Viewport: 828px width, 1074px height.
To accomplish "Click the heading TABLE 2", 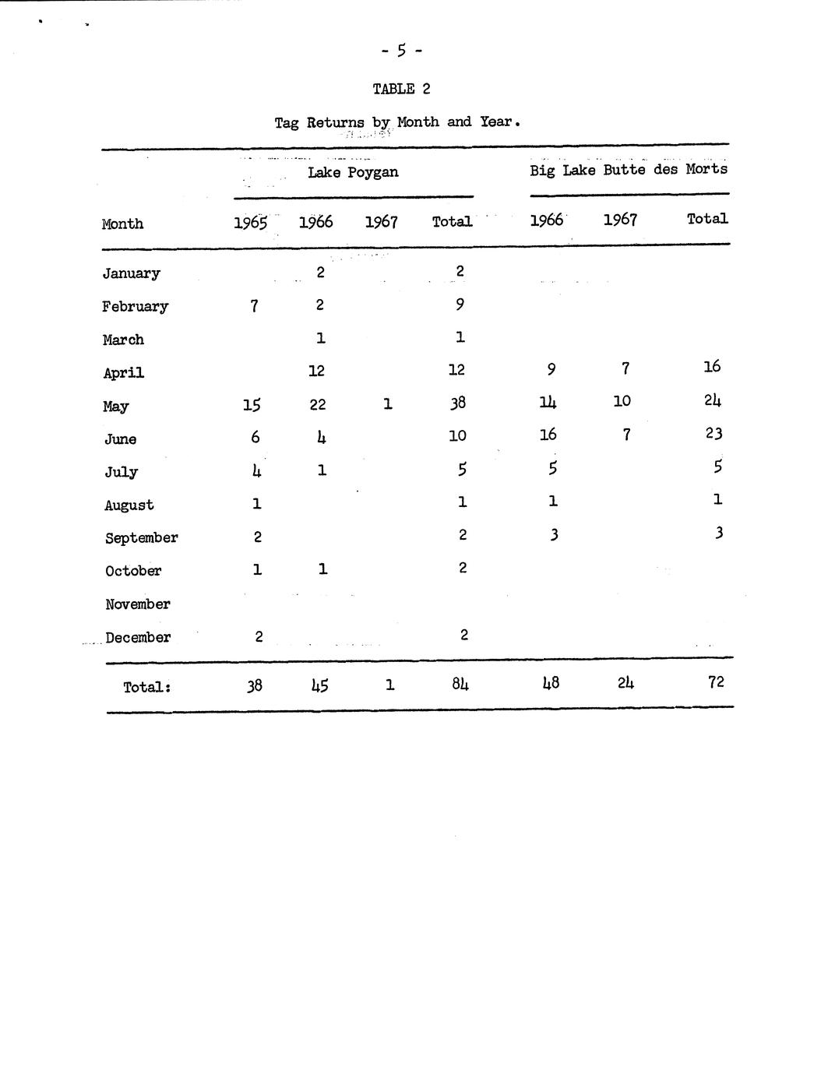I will tap(401, 89).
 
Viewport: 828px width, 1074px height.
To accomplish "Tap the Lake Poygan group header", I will tap(353, 172).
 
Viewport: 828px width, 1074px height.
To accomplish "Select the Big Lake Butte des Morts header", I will tap(629, 169).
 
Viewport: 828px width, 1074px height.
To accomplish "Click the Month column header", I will tap(122, 224).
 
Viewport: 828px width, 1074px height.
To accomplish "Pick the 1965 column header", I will tap(251, 223).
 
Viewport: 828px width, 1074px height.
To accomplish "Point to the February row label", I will tap(135, 306).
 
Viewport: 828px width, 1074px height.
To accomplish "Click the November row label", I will tap(138, 604).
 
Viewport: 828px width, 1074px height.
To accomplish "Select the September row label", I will tap(141, 537).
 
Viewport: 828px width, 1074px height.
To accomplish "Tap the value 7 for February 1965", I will tap(254, 306).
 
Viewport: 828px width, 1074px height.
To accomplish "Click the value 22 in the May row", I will tap(317, 404).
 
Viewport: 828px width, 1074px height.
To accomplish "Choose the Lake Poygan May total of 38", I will tap(457, 403).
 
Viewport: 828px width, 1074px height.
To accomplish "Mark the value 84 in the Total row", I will tap(460, 685).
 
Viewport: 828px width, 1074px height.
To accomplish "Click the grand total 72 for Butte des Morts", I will tap(716, 681).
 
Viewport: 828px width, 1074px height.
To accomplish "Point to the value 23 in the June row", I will tap(713, 433).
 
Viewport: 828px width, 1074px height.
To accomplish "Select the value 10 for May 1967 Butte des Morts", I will tap(622, 401).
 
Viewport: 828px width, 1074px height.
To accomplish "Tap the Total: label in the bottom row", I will tap(146, 687).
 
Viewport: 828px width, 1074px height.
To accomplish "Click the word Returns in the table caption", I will tap(335, 122).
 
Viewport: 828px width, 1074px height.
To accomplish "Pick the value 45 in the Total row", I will tap(319, 685).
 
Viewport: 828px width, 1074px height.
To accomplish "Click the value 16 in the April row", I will tap(712, 366).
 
